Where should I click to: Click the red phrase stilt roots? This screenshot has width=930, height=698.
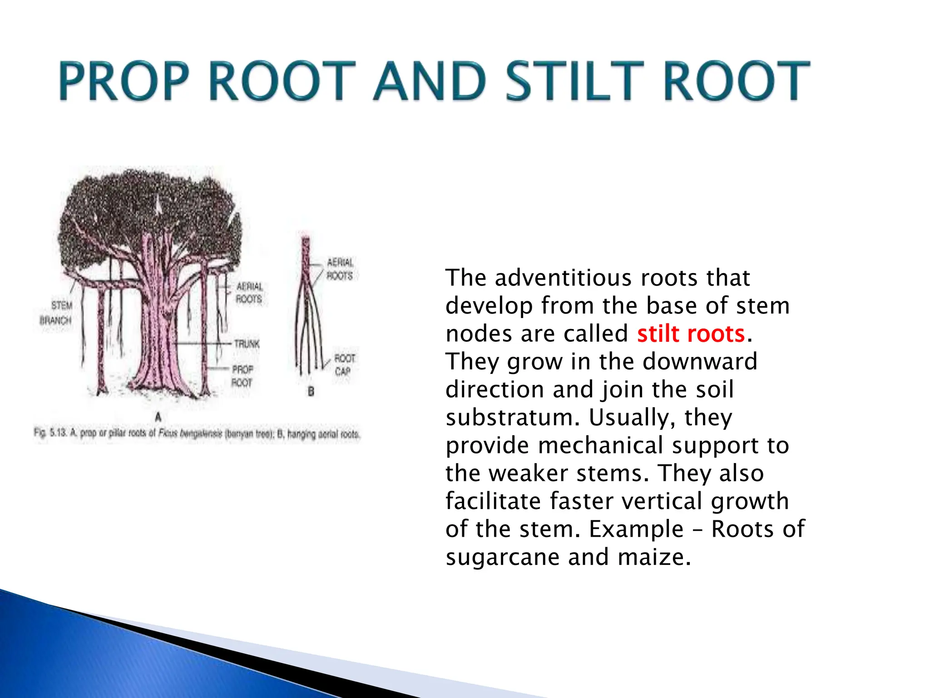(x=691, y=334)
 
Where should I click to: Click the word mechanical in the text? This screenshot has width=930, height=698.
(x=601, y=445)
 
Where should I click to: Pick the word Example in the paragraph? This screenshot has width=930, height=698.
(x=636, y=529)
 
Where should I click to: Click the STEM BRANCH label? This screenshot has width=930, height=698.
(x=56, y=313)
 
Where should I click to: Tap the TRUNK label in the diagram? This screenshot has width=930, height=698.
(x=247, y=344)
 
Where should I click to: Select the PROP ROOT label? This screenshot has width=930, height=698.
(x=242, y=376)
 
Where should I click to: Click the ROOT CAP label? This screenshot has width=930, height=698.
(x=344, y=365)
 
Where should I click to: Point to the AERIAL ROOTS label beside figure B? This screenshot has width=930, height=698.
(x=340, y=269)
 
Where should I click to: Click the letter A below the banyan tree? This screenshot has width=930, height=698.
(x=158, y=416)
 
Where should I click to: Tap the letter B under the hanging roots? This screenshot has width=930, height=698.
(x=311, y=391)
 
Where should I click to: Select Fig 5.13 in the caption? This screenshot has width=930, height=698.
(x=50, y=432)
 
